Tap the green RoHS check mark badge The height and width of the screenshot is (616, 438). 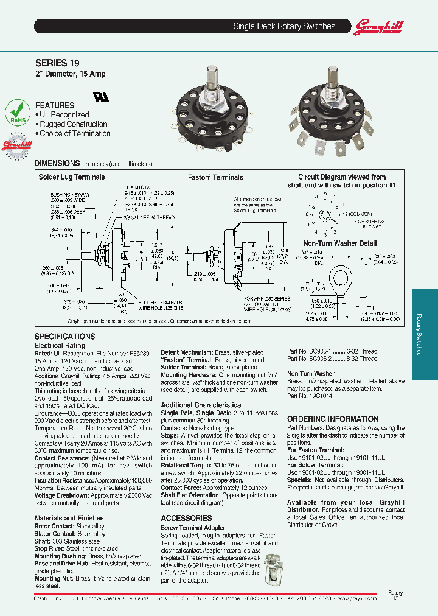pos(17,113)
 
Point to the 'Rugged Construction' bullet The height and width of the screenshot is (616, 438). pos(73,124)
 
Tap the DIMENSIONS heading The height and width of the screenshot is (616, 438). pos(57,163)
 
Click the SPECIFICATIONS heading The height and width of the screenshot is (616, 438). pos(64,337)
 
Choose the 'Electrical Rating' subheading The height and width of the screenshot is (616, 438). pos(60,345)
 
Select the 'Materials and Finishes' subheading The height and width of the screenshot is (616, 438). pos(68,518)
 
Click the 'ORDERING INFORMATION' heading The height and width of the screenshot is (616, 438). pos(333,419)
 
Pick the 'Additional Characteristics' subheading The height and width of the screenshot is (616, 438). pos(201,405)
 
